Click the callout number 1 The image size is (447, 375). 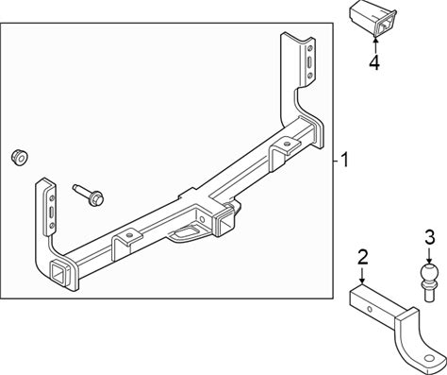(x=344, y=160)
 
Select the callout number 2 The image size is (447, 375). (x=363, y=257)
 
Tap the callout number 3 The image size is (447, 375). (x=430, y=237)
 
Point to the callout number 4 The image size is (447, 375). (x=374, y=62)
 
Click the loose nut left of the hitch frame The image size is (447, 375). (x=20, y=158)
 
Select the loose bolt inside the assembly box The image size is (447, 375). (x=89, y=196)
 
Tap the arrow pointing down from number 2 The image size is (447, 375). (x=362, y=276)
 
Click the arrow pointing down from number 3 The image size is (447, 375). (x=430, y=254)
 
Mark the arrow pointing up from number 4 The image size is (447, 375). (x=374, y=45)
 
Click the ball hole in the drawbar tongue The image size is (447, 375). (x=429, y=358)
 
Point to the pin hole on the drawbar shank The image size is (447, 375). (x=370, y=309)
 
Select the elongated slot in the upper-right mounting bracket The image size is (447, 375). (x=310, y=62)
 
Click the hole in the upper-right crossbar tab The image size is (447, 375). (x=287, y=144)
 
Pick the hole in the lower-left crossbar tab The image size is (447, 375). (x=128, y=235)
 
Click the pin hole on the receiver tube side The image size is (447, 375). (x=202, y=219)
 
